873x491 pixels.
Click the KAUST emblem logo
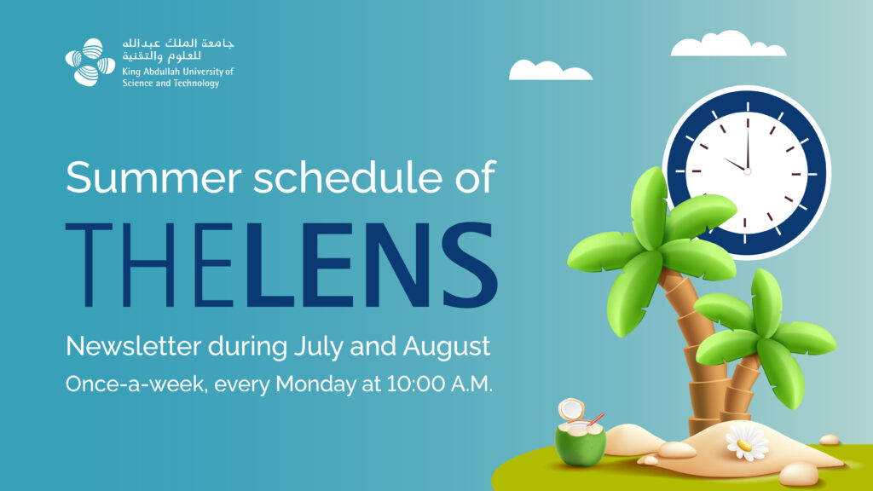[x=90, y=62]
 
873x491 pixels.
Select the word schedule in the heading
[x=349, y=177]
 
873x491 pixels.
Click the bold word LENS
[x=367, y=264]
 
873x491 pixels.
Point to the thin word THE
[x=149, y=264]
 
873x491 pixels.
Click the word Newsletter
[x=133, y=346]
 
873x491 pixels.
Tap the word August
[x=447, y=347]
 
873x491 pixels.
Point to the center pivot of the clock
[x=747, y=170]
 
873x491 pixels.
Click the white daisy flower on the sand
[x=747, y=442]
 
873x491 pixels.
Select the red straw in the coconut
[x=596, y=419]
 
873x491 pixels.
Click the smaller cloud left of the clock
[x=550, y=70]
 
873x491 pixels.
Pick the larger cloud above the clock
[x=728, y=44]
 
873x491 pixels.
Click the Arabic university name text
[x=178, y=49]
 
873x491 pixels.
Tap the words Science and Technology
[x=171, y=84]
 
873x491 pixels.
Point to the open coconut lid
[x=571, y=409]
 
